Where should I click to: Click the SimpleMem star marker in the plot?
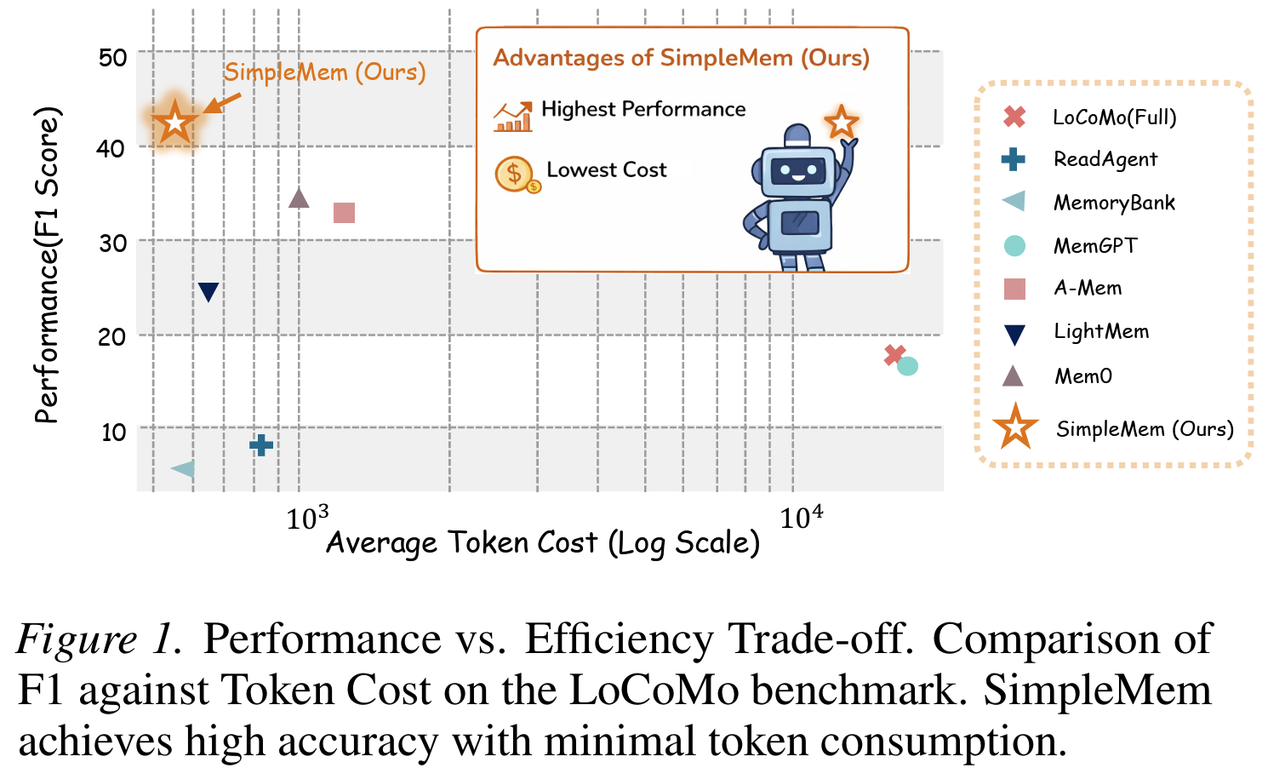pos(175,122)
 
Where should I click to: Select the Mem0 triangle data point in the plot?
pos(299,199)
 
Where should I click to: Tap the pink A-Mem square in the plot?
pos(344,213)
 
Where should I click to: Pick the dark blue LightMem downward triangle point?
pos(208,292)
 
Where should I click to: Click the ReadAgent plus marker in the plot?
pos(261,444)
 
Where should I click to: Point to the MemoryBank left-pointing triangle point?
pos(184,469)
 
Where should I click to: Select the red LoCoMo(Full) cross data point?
pos(894,355)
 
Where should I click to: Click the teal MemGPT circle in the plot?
pos(908,366)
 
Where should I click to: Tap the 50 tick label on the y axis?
pos(112,58)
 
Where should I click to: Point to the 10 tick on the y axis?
pos(113,433)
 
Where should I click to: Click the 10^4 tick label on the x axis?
pos(800,517)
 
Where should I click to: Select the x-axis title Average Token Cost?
pos(543,543)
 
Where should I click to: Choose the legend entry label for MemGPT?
pos(1094,246)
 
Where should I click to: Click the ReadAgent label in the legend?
pos(1105,159)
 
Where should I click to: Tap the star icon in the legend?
pos(1015,427)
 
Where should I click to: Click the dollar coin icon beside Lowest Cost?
pos(515,174)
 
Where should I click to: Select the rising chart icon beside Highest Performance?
pos(512,117)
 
